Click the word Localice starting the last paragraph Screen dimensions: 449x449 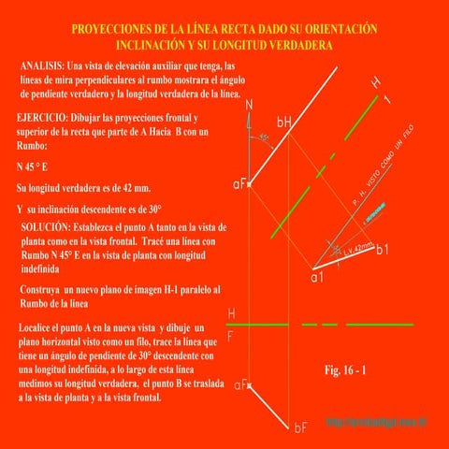(x=41, y=329)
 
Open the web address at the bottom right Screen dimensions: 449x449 (x=376, y=423)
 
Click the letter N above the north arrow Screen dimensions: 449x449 (x=250, y=104)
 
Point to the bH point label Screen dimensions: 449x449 (x=284, y=122)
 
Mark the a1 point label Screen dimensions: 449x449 (x=317, y=278)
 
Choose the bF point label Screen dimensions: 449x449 (x=300, y=427)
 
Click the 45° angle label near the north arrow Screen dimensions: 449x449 (x=265, y=138)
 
